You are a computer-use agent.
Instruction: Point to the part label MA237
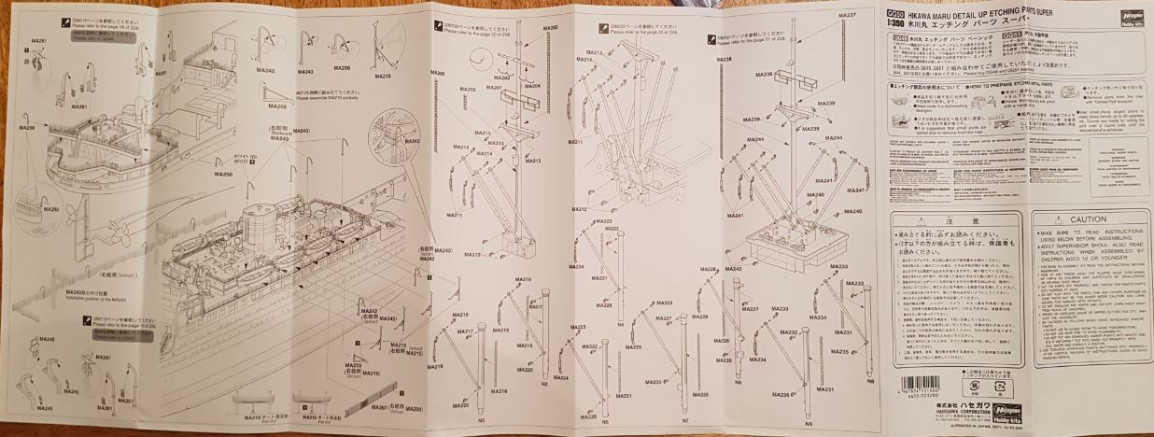(x=848, y=17)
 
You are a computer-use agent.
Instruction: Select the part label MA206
(x=437, y=73)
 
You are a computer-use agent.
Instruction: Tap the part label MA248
(x=48, y=340)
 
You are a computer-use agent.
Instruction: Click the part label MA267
(x=379, y=409)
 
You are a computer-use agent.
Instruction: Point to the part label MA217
(x=466, y=331)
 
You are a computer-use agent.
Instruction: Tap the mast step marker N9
(x=809, y=425)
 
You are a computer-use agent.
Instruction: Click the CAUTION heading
(x=1089, y=219)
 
